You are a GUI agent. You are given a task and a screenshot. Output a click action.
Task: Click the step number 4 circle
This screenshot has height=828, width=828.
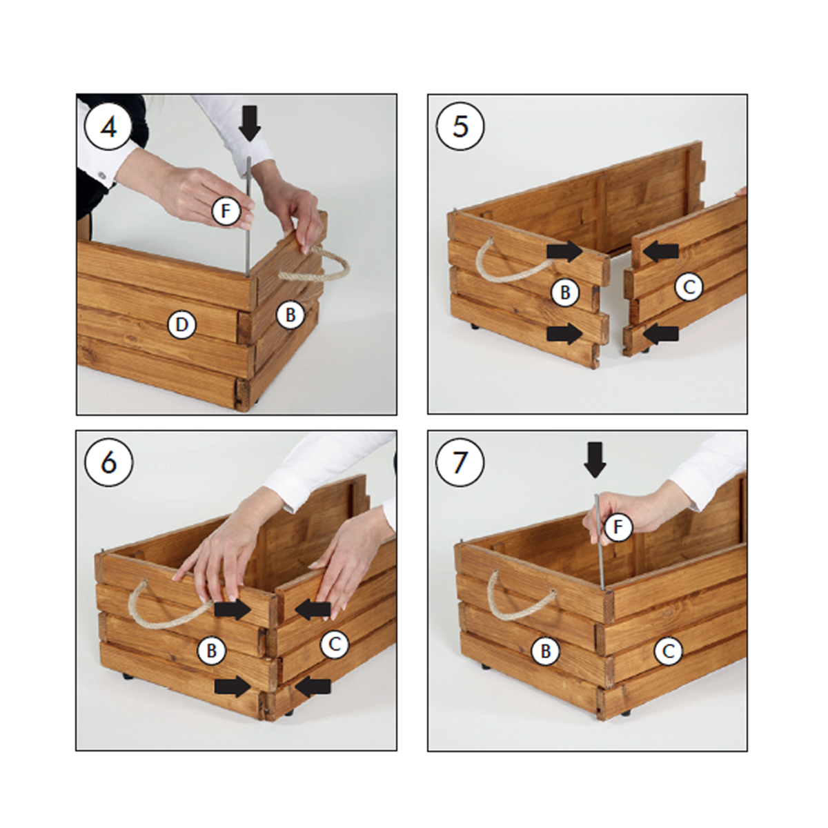108,126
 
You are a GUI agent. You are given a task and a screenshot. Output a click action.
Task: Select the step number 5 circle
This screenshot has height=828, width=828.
460,126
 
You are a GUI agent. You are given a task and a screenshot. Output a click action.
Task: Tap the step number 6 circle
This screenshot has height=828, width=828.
109,462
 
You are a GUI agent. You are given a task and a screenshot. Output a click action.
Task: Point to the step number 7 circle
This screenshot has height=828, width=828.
460,462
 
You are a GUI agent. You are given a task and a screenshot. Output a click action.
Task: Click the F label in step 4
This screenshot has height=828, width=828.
226,211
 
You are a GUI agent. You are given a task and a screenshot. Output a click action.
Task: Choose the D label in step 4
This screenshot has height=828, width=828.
181,325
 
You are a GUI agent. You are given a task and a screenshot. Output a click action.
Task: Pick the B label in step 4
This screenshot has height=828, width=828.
290,315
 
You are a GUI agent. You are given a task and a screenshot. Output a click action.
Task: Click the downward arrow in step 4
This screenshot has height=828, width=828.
250,122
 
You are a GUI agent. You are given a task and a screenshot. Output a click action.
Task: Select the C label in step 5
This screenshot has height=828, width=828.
689,286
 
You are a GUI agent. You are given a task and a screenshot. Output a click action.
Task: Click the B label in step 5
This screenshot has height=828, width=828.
566,293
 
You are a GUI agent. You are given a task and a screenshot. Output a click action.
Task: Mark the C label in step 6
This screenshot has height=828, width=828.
335,644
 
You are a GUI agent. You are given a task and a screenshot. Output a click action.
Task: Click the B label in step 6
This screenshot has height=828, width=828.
211,651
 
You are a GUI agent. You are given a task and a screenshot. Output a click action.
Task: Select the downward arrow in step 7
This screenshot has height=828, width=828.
595,460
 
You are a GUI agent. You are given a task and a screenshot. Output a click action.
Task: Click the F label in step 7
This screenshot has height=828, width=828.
618,527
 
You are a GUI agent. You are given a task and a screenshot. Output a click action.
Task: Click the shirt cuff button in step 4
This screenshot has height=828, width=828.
102,175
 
